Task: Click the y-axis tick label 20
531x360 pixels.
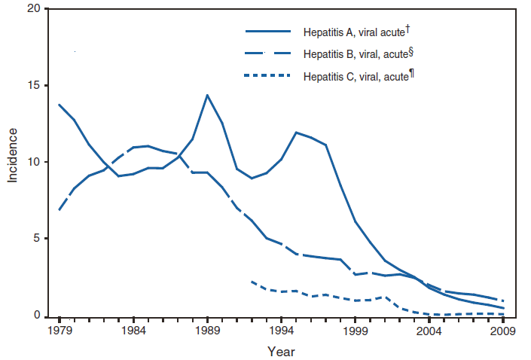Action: pyautogui.click(x=32, y=9)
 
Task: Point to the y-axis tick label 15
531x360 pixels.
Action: pyautogui.click(x=32, y=86)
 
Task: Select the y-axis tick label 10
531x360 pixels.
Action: pyautogui.click(x=32, y=163)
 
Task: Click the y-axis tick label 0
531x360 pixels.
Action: pyautogui.click(x=35, y=316)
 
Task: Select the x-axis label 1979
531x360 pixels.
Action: pyautogui.click(x=59, y=331)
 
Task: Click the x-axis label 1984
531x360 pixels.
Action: pyautogui.click(x=133, y=331)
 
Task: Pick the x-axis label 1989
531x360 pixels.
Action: pyautogui.click(x=207, y=331)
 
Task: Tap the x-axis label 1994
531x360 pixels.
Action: pyautogui.click(x=281, y=331)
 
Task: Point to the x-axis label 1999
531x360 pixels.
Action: pyautogui.click(x=355, y=331)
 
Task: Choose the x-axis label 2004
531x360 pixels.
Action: pyautogui.click(x=429, y=331)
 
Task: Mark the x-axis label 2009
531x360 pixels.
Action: pyautogui.click(x=503, y=331)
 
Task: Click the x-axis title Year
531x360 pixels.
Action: pyautogui.click(x=281, y=351)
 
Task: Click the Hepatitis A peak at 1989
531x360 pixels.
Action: pyautogui.click(x=207, y=95)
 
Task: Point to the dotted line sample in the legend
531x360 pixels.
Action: pyautogui.click(x=268, y=75)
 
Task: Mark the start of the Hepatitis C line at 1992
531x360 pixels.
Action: pyautogui.click(x=252, y=281)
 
